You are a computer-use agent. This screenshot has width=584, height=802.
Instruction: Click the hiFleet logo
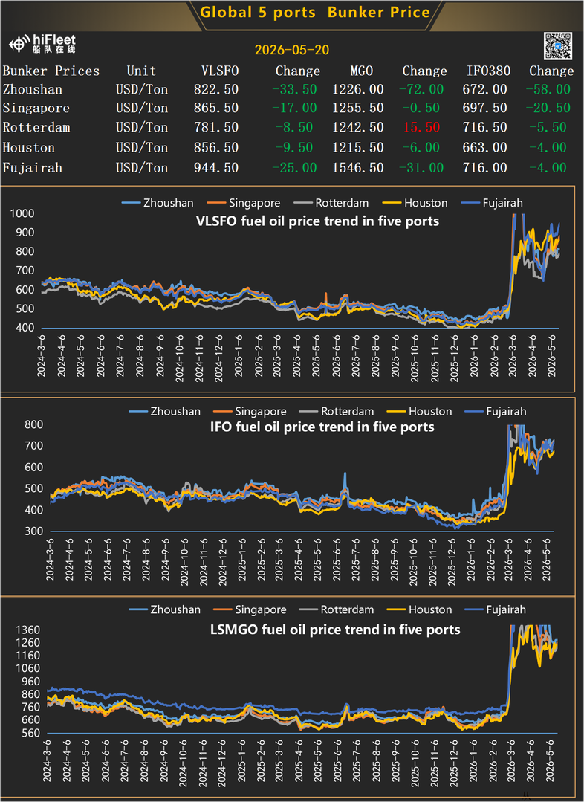click(x=42, y=44)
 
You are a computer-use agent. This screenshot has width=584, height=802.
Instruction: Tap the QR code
click(x=557, y=45)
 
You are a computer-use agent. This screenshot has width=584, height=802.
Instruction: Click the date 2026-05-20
click(x=292, y=50)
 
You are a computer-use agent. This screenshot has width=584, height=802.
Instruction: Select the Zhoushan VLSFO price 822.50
click(x=215, y=89)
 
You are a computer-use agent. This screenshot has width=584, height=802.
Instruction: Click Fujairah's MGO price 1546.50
click(x=358, y=168)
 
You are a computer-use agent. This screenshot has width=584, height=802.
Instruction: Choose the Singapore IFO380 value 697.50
click(x=484, y=108)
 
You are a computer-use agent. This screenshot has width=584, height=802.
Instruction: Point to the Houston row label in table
click(x=29, y=148)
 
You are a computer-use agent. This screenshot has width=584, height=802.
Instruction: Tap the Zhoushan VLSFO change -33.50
click(x=294, y=89)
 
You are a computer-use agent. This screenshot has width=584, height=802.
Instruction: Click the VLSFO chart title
click(x=317, y=221)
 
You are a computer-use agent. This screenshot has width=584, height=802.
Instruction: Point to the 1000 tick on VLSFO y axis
click(x=22, y=213)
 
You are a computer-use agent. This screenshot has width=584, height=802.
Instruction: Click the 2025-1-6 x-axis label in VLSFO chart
click(x=239, y=357)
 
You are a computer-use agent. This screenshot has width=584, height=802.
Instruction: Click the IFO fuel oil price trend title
click(x=322, y=427)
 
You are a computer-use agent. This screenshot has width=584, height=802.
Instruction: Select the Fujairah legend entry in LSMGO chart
click(x=496, y=609)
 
